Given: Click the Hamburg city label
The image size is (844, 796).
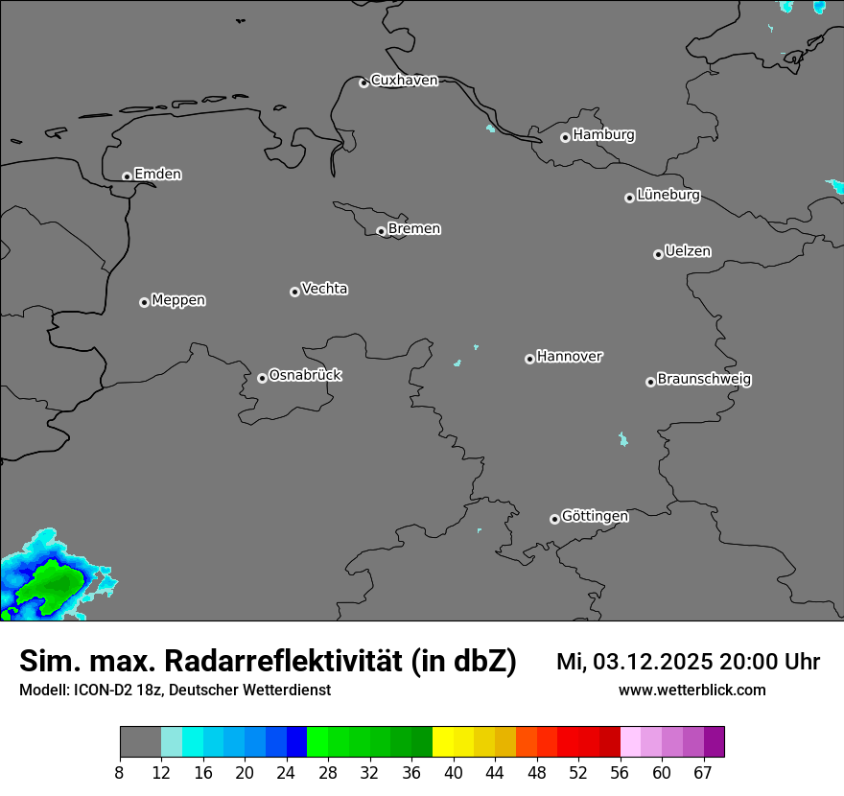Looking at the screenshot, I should (x=603, y=135).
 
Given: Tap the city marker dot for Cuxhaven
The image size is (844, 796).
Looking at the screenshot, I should (x=363, y=82).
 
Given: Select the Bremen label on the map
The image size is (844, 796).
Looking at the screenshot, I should (x=414, y=229).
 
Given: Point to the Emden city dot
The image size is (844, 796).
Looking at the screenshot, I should (x=127, y=176).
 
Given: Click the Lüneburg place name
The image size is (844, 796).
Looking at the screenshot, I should (x=668, y=196).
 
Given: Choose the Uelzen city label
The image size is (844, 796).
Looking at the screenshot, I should (x=688, y=252).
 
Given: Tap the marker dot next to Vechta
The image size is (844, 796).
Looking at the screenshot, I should (x=294, y=292).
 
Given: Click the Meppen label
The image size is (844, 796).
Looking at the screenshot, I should (x=178, y=301).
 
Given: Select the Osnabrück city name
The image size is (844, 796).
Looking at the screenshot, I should (x=305, y=376).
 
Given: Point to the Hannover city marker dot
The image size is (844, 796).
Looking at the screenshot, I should (x=529, y=359).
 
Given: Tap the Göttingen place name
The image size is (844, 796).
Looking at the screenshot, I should (x=595, y=517).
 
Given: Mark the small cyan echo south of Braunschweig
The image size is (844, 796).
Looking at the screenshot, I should (x=623, y=439).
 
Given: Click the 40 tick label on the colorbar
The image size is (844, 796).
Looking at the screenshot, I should (x=454, y=773).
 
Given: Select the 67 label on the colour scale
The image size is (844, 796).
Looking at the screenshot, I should (x=703, y=773).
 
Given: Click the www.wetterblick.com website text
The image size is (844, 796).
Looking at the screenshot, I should (x=692, y=691).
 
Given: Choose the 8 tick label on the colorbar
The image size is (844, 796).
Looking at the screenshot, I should (x=120, y=773).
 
